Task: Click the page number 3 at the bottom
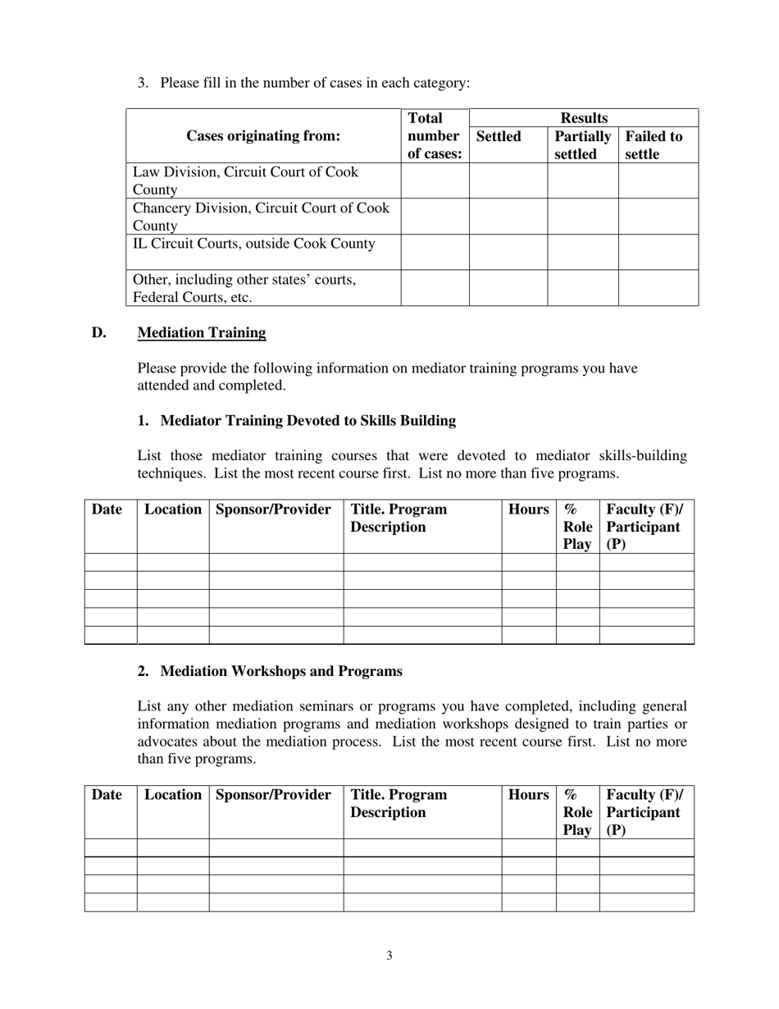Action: pos(389,955)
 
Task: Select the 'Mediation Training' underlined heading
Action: pos(202,332)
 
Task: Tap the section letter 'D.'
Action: pos(99,332)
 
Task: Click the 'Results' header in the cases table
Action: pos(583,118)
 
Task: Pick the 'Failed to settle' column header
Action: pos(654,145)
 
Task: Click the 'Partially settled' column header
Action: pos(582,145)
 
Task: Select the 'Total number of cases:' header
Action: pos(434,136)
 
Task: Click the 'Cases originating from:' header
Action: pos(263,136)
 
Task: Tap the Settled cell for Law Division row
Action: pos(508,180)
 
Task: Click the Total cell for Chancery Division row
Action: pos(435,217)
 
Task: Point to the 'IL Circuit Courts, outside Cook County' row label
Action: pos(254,244)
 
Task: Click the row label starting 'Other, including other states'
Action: pos(244,288)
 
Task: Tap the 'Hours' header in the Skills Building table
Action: pos(528,509)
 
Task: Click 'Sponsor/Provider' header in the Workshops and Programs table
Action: pos(273,794)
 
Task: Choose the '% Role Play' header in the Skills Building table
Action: pos(577,527)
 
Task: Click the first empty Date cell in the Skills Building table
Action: pos(111,562)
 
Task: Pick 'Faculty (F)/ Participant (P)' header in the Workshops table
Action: pos(645,812)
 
